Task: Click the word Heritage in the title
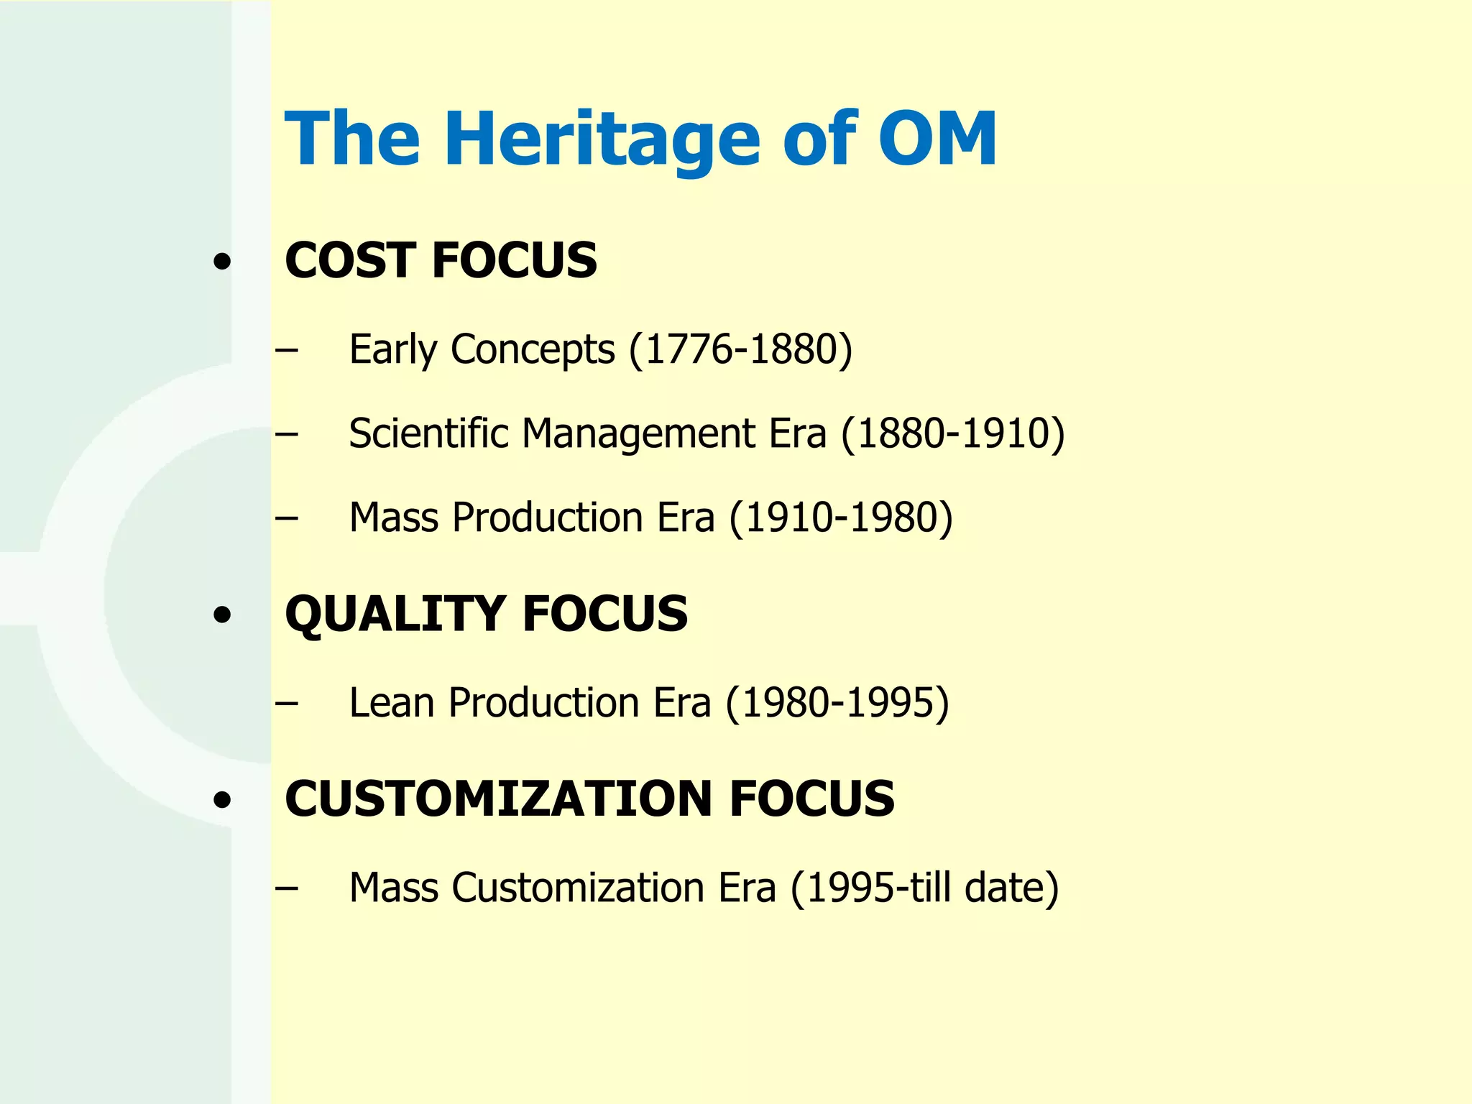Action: click(602, 139)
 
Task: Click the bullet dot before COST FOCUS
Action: click(223, 262)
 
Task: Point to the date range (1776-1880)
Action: click(740, 350)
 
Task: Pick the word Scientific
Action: click(429, 433)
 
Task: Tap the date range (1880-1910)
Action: click(953, 434)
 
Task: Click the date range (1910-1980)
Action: click(841, 518)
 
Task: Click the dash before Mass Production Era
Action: click(286, 517)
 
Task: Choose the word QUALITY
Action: click(395, 615)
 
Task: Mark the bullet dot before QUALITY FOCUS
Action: click(223, 615)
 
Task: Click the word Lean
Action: click(392, 703)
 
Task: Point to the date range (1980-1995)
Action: click(837, 704)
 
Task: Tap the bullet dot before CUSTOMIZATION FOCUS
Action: click(223, 800)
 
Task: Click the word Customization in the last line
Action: click(579, 888)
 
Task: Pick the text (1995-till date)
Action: click(924, 888)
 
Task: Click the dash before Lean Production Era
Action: click(286, 703)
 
